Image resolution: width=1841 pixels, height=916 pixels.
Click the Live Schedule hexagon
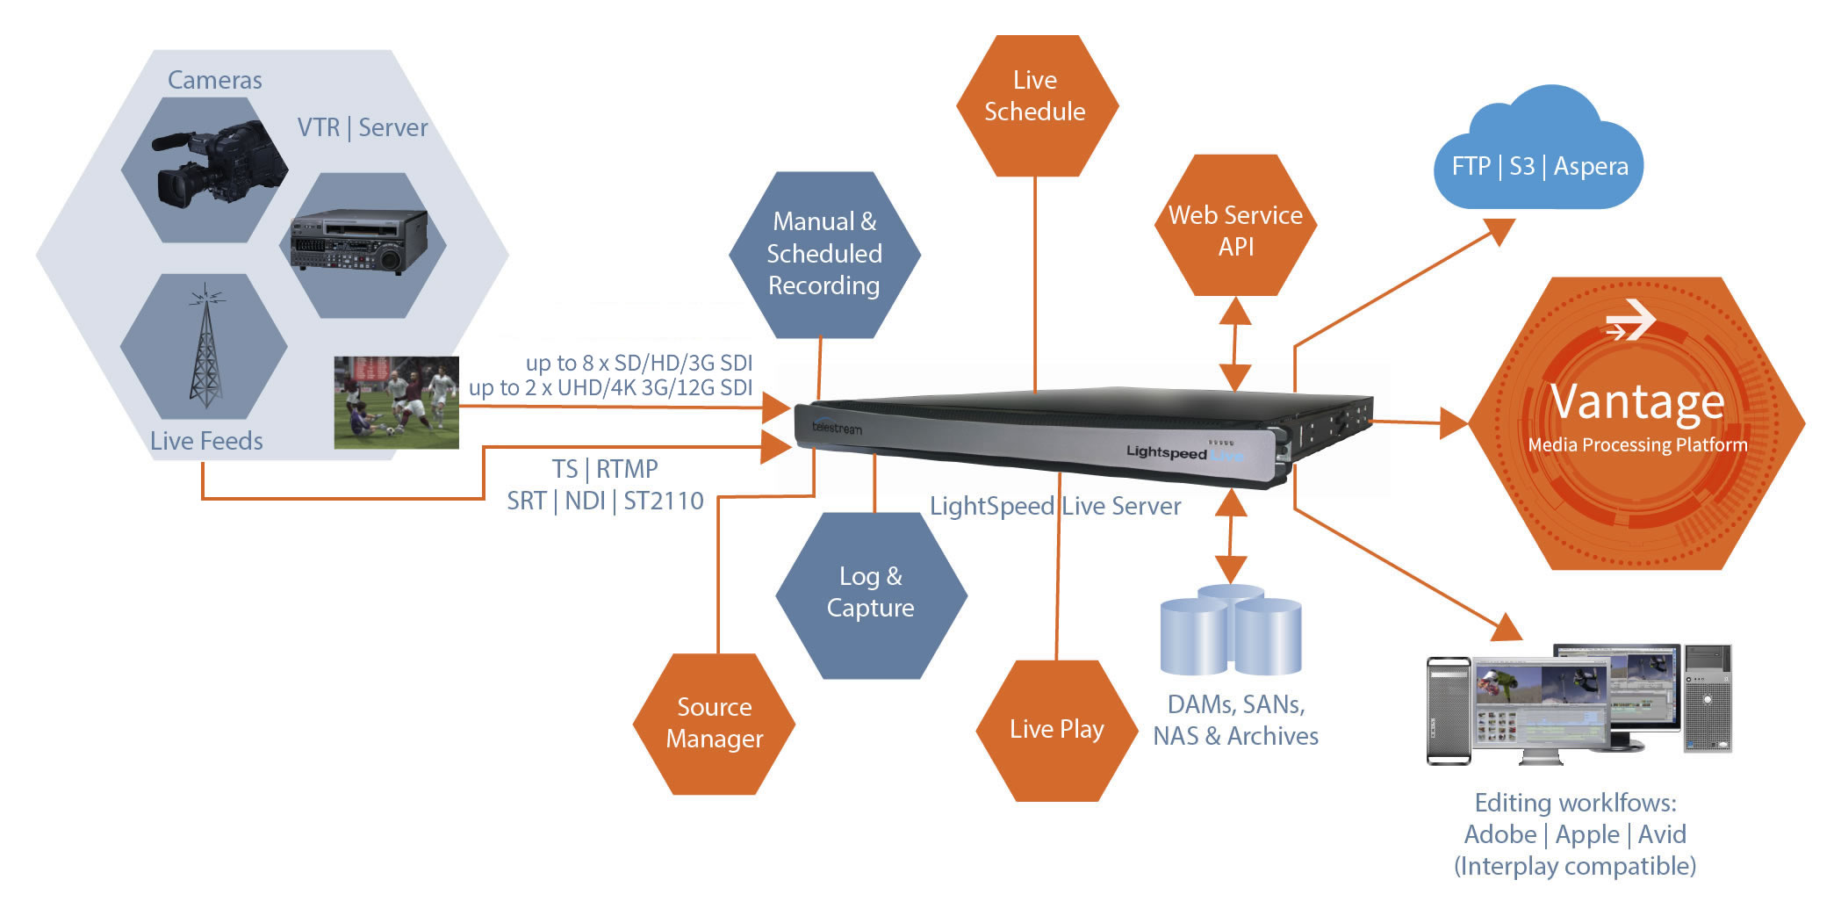point(1036,105)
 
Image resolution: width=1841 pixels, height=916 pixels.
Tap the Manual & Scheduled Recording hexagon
point(824,254)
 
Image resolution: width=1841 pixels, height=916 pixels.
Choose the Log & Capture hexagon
point(871,594)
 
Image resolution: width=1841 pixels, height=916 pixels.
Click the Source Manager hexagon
point(714,724)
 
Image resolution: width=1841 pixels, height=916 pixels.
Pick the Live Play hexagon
point(1056,729)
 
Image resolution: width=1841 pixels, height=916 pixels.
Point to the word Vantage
point(1637,402)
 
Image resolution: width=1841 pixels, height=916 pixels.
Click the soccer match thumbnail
point(397,402)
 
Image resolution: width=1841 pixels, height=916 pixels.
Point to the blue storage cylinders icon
point(1231,631)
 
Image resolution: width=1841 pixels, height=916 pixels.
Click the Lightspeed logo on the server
point(1167,451)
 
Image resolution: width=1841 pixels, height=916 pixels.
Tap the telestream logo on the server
point(837,428)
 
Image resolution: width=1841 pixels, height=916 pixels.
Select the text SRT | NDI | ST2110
point(605,501)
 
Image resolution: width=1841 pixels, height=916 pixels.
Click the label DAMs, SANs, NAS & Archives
point(1235,720)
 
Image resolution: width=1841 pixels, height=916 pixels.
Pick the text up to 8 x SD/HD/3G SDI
point(639,363)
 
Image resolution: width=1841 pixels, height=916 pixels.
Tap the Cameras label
point(215,81)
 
